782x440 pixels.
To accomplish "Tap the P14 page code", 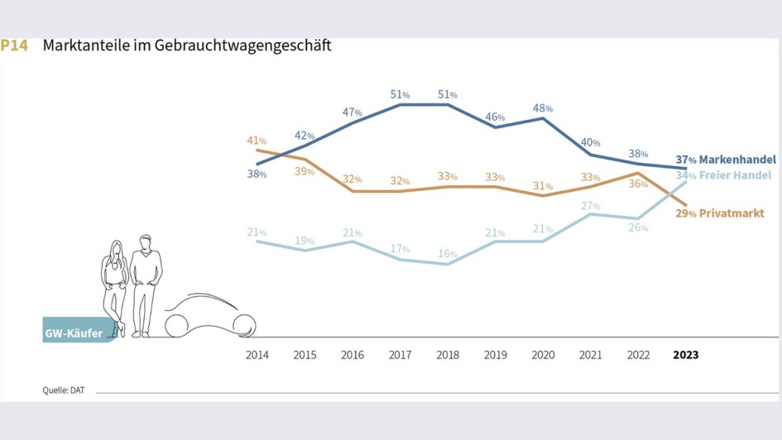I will tap(14, 45).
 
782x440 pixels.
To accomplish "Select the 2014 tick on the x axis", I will tap(257, 355).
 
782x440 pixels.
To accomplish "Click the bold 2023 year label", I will tap(685, 355).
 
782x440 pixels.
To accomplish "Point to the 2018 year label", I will tap(448, 355).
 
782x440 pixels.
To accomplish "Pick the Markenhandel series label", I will tap(736, 159).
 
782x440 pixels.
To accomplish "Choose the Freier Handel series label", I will tap(735, 175).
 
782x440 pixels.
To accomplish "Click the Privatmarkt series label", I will tap(731, 213).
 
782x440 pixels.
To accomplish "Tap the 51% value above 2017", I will tap(400, 95).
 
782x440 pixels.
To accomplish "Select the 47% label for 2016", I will tap(353, 111).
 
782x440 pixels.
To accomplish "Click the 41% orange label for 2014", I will tap(257, 141).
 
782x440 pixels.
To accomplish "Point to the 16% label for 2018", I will tap(448, 254).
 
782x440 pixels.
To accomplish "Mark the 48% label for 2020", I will tap(543, 108).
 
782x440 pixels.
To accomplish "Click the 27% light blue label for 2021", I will tap(590, 205).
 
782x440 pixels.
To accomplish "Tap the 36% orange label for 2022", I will tap(638, 184).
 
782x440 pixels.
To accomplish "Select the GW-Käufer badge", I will tap(75, 333).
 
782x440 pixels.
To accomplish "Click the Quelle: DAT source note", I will tap(64, 390).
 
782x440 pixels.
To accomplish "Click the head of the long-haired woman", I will tap(116, 249).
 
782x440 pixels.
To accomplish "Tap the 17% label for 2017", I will tap(400, 248).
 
